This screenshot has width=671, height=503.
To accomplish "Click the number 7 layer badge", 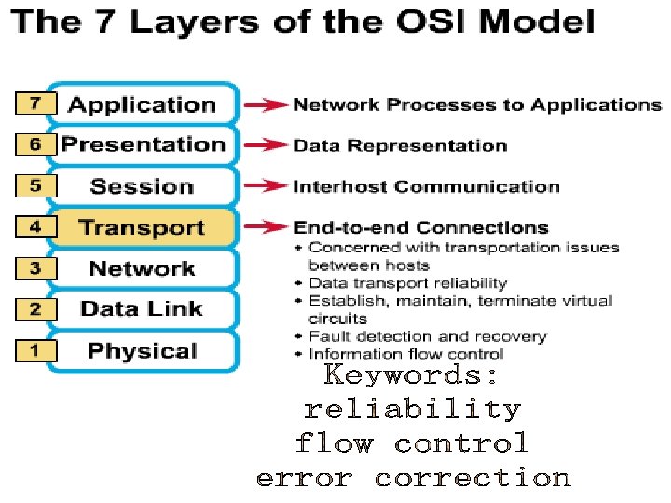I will (x=35, y=103).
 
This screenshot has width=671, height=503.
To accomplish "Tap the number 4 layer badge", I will (x=35, y=227).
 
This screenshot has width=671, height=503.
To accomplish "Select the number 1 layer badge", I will (x=35, y=351).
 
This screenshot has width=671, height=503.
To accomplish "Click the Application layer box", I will (x=142, y=104).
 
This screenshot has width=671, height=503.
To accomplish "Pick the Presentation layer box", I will (x=143, y=145).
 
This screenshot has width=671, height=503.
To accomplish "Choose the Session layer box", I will (x=142, y=186).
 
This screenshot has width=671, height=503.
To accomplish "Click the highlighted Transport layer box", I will (x=142, y=228).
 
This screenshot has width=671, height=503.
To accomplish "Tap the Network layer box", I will (x=142, y=269).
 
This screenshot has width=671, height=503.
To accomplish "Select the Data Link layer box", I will (x=142, y=309).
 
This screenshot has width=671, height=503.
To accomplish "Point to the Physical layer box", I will (x=142, y=351).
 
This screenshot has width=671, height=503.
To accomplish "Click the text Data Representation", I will (x=400, y=145).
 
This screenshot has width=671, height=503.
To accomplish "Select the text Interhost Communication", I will (x=426, y=186).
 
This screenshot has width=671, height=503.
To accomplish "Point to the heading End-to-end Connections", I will (x=420, y=227).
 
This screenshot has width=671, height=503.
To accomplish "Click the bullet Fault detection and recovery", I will (x=428, y=336).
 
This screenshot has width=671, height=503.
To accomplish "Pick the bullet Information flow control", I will (x=406, y=354).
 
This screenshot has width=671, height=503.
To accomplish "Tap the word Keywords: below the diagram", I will (x=411, y=375).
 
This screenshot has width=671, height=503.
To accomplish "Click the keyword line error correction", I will (x=413, y=479).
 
